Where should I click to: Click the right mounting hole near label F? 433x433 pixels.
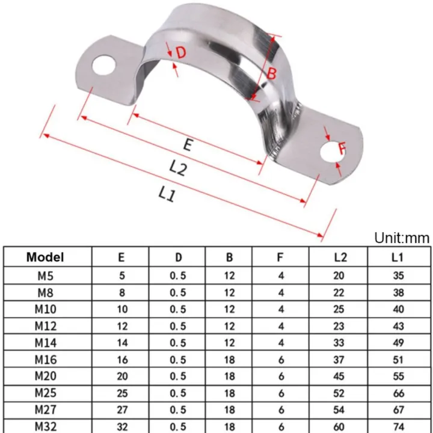(330, 152)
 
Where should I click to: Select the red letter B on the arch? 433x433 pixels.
(271, 75)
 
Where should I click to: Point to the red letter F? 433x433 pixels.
(342, 147)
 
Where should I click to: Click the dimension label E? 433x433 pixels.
(188, 145)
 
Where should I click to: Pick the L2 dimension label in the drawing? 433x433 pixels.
(177, 168)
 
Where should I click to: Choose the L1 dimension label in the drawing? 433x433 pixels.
(167, 193)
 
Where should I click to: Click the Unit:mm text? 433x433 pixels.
(402, 238)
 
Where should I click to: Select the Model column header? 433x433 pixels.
(45, 257)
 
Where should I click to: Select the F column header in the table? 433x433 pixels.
(280, 257)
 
